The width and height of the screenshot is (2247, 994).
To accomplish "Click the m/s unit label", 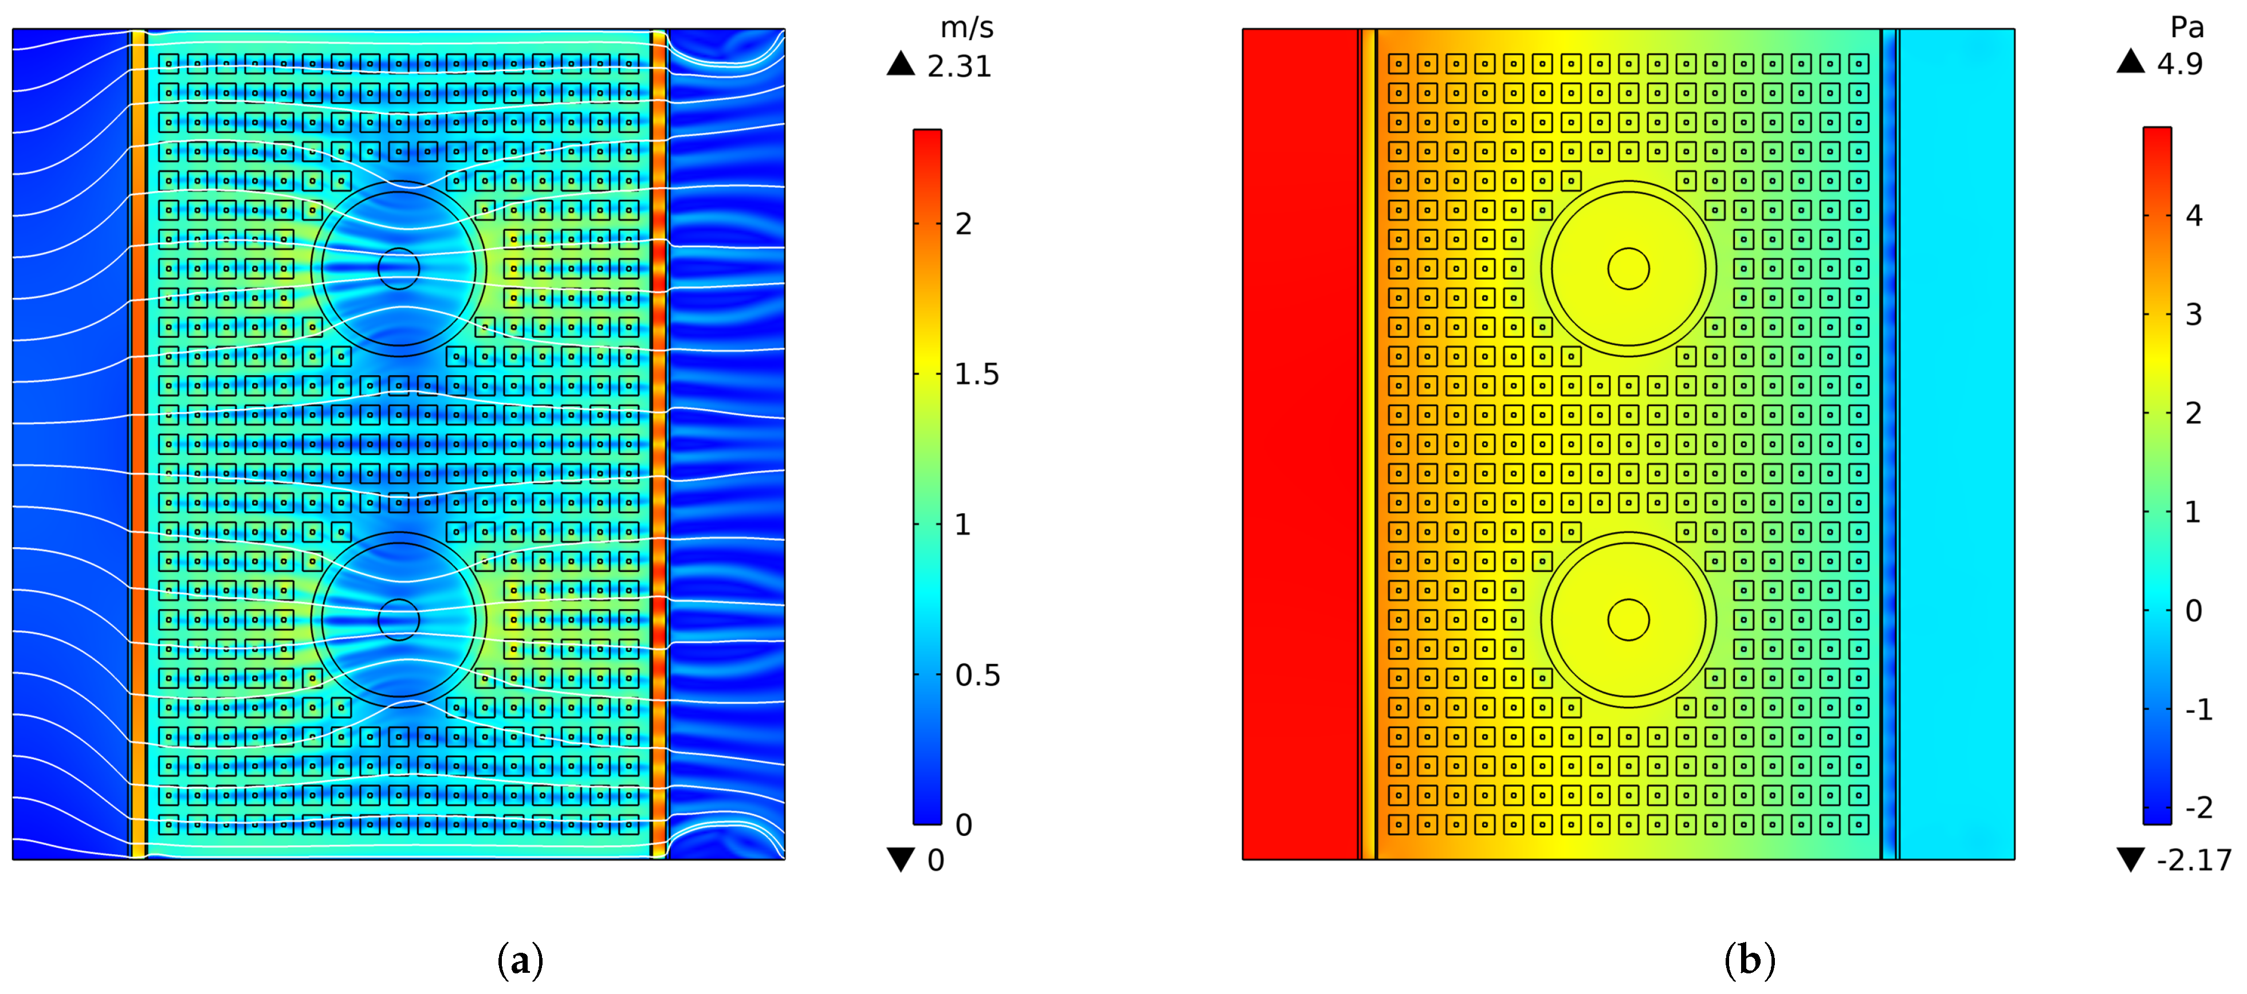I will point(967,29).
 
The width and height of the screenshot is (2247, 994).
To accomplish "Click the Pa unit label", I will point(2187,28).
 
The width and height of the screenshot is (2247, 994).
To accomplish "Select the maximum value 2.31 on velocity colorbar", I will point(960,66).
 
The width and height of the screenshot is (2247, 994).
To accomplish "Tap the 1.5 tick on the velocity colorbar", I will point(976,374).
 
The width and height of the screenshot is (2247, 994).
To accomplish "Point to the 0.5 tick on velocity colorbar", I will point(977,675).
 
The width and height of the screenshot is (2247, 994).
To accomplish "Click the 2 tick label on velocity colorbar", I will point(963,224).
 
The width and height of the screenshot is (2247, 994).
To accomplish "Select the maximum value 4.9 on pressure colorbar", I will point(2180,64).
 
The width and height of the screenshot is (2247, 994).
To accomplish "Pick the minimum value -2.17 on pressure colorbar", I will point(2194,860).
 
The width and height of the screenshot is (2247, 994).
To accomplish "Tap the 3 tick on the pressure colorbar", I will point(2194,314).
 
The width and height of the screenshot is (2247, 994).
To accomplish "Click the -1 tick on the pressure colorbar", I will point(2198,709).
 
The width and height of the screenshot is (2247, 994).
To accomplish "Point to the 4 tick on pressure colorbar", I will point(2194,215).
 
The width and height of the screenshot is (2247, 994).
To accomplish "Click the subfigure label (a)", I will point(520,960).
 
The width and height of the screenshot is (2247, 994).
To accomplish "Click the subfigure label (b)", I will point(1749,960).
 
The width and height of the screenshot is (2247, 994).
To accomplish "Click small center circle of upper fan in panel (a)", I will point(399,269).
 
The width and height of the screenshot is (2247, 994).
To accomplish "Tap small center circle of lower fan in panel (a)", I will point(399,620).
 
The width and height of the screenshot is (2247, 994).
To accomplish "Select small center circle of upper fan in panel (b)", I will point(1629,269).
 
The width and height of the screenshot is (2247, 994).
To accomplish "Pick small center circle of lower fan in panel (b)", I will point(1629,620).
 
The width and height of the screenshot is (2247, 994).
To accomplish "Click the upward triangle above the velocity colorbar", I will point(900,64).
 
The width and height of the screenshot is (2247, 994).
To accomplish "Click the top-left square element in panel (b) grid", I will point(1399,64).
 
